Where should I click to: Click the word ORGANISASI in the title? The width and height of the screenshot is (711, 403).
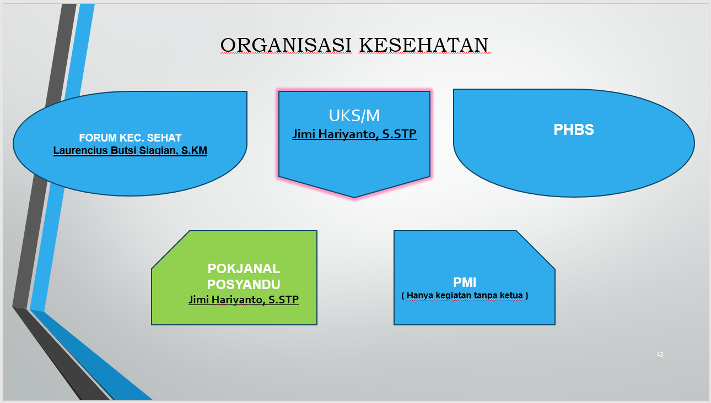[x=286, y=45]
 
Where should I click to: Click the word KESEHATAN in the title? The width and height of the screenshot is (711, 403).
[x=424, y=45]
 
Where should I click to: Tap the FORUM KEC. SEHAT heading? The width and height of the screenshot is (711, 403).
[x=130, y=138]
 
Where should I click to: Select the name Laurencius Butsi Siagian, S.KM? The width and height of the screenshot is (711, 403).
[x=130, y=151]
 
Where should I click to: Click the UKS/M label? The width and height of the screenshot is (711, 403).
[x=354, y=116]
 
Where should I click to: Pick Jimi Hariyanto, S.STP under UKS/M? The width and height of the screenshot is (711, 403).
[x=354, y=134]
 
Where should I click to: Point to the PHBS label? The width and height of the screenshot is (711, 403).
[x=574, y=130]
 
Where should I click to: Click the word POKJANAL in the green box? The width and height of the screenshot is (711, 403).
[x=244, y=269]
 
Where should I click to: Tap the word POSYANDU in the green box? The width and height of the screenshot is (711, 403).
[x=244, y=285]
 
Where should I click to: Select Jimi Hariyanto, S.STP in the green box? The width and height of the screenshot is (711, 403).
[x=244, y=299]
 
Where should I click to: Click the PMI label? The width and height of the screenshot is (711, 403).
[x=465, y=282]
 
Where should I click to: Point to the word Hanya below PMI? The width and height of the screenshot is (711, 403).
[x=419, y=296]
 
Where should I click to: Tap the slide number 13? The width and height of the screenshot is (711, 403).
[x=660, y=354]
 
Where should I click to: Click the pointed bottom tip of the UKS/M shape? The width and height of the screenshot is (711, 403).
[x=354, y=198]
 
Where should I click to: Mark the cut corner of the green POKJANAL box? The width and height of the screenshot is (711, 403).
[x=170, y=250]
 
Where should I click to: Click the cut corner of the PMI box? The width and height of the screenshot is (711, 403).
[x=536, y=250]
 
